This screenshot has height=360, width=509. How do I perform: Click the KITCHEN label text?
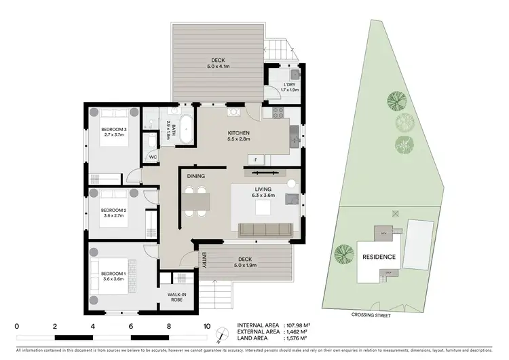pos(239,132)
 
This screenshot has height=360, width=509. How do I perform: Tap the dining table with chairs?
pos(196,202)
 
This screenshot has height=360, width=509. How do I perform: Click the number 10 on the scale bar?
pos(207,326)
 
